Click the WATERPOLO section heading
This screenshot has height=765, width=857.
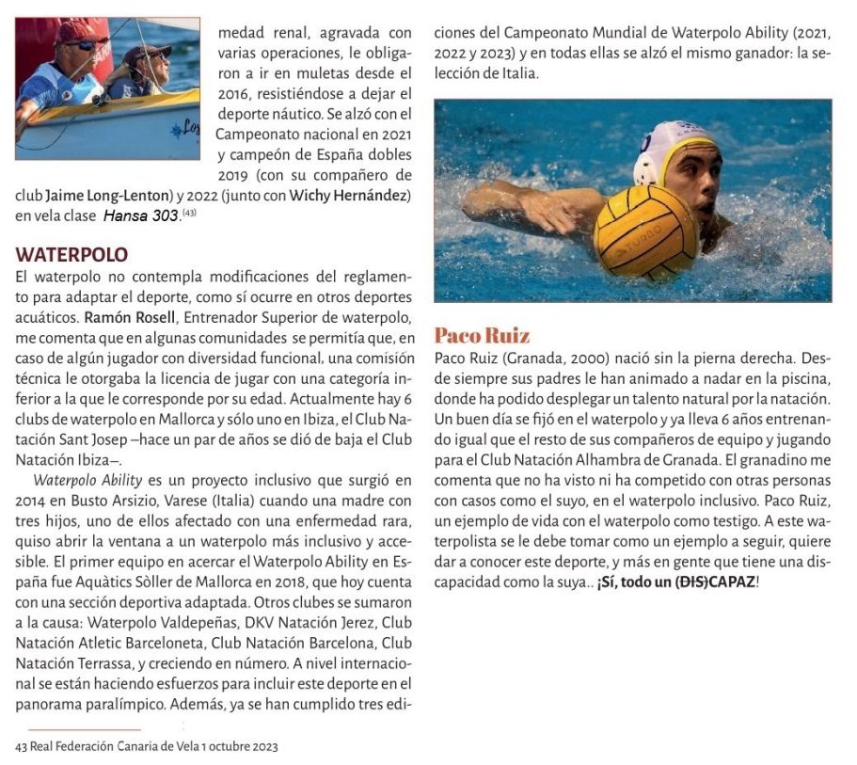71,255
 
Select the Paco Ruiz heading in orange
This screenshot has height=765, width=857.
482,336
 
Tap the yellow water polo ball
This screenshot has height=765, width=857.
645,232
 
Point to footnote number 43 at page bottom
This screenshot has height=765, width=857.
23,746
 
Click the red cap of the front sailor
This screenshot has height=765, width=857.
74,34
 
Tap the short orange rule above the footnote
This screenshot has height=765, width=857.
84,729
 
